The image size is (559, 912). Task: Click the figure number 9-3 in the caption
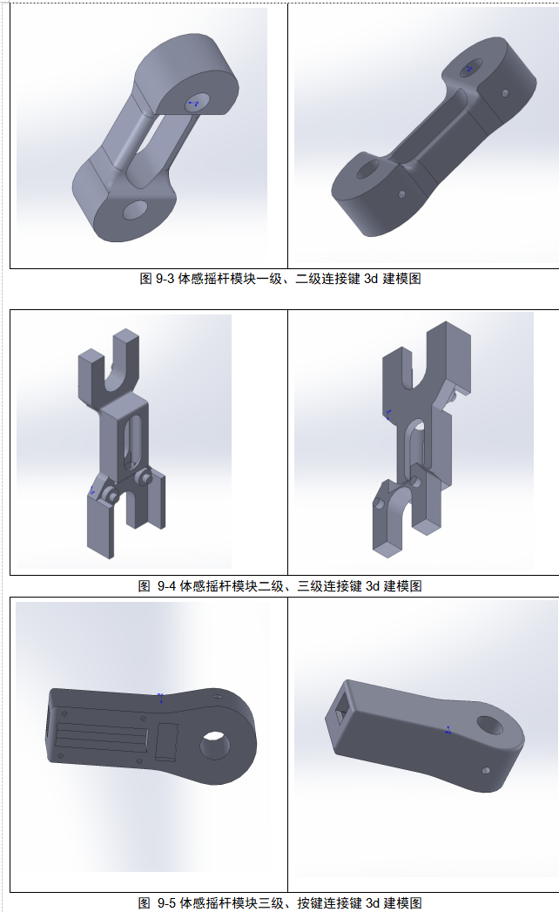tap(165, 279)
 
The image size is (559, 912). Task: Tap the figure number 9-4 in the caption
tap(167, 585)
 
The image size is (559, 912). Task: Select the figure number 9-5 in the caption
tap(167, 902)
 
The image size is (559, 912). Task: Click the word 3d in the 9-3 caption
tap(371, 279)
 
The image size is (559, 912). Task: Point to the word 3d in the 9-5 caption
tap(373, 902)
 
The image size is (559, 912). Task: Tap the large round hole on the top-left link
tap(136, 210)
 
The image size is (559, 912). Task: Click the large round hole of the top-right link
tap(367, 171)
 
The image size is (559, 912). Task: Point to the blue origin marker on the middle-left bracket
tap(92, 491)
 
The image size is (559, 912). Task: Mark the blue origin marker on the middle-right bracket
tap(387, 414)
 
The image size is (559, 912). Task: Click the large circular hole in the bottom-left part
tap(215, 746)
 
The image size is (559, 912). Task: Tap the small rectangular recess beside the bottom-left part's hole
tap(166, 742)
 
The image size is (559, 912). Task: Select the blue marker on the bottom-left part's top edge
tap(160, 698)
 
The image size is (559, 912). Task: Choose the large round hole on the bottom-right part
tap(490, 725)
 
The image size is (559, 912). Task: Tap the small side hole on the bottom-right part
tap(486, 771)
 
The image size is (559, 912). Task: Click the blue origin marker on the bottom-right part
tap(448, 730)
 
